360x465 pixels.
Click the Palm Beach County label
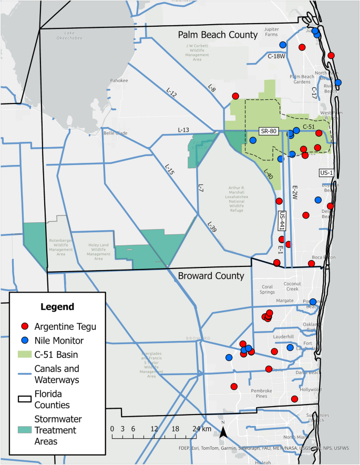click(x=217, y=35)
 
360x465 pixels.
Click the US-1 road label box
click(x=326, y=172)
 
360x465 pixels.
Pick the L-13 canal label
click(x=183, y=130)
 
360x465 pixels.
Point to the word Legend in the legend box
click(x=58, y=306)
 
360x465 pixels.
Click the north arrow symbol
click(x=223, y=431)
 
